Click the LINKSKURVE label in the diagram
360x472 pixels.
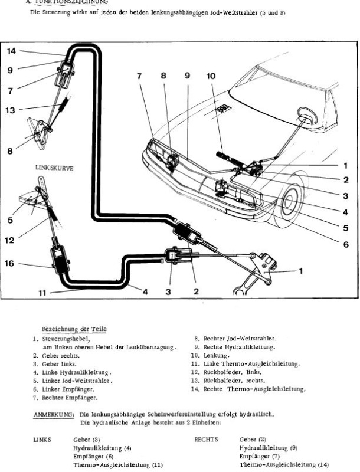[x=54, y=168]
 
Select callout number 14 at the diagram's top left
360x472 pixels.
[x=12, y=51]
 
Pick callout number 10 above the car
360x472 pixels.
[x=211, y=76]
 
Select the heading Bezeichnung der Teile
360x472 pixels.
[x=74, y=329]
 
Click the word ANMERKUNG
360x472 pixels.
[x=53, y=415]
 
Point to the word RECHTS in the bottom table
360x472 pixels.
[x=206, y=440]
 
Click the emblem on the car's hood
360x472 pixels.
[x=223, y=109]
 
